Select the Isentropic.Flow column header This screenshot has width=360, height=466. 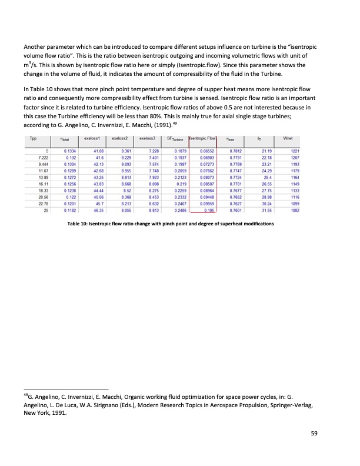(204, 139)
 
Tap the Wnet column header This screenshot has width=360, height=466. (288, 139)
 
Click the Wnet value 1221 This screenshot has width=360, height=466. (295, 152)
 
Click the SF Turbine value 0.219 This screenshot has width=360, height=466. (181, 184)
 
